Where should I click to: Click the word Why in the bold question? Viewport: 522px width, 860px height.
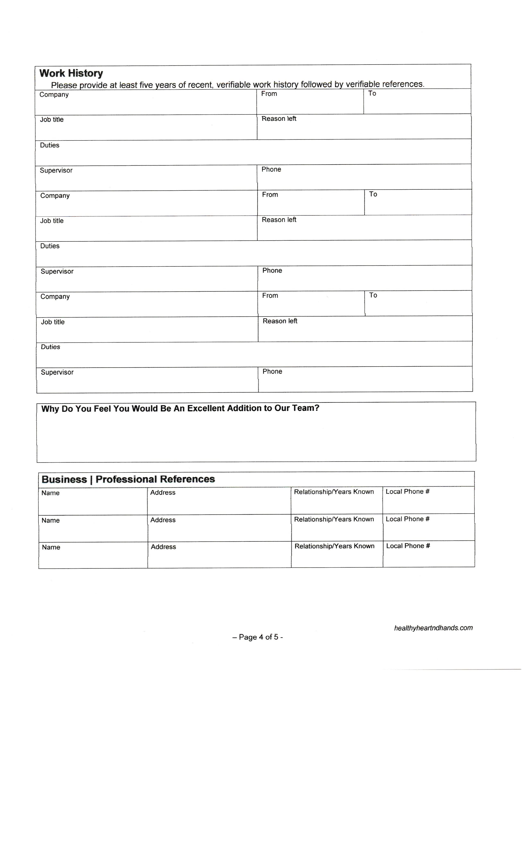50,409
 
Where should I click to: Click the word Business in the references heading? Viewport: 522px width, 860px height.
64,480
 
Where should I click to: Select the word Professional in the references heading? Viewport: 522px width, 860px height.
126,479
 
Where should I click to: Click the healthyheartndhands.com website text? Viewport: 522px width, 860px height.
433,628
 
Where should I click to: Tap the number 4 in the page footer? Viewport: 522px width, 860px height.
261,637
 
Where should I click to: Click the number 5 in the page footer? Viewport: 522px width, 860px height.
276,637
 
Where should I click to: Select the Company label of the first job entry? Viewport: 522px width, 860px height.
54,95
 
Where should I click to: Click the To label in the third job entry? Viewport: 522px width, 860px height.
373,295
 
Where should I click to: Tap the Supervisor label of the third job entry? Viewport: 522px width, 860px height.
57,372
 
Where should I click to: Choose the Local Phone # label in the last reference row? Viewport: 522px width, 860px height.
408,546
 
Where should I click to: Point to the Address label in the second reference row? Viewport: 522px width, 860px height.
163,520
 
